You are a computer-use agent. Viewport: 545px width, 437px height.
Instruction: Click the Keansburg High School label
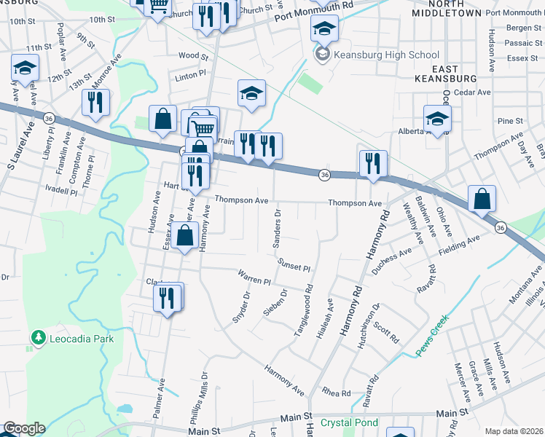click(x=386, y=55)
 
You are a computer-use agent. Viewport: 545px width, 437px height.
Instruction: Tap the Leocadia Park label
click(x=81, y=338)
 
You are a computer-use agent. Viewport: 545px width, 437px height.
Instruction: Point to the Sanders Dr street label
click(x=277, y=229)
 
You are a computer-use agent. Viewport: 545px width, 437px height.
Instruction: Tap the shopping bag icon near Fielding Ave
click(x=482, y=198)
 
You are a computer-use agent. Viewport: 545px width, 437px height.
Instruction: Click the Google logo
click(x=23, y=428)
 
